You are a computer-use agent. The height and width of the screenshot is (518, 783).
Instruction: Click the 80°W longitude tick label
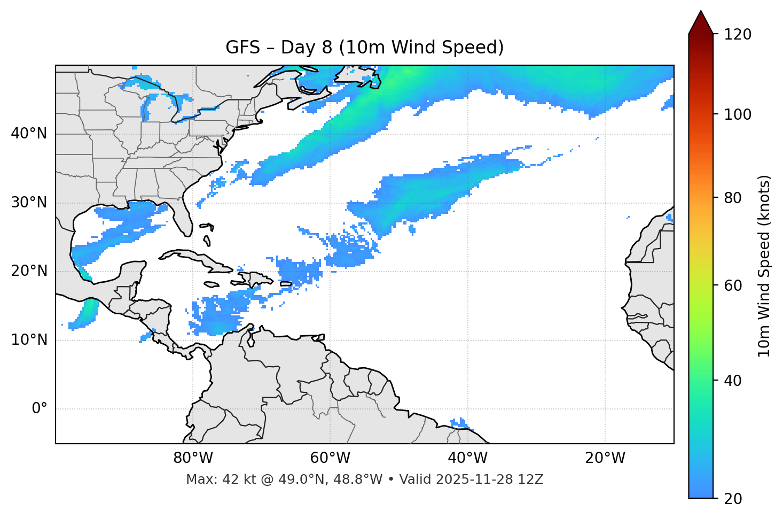pos(193,458)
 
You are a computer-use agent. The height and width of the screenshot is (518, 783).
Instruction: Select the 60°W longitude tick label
pos(330,458)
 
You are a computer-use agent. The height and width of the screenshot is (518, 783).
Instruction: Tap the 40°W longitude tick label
pos(467,458)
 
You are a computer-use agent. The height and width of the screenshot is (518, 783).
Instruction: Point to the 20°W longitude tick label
pos(605,458)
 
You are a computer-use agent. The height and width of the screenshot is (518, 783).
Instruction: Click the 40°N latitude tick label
pos(29,134)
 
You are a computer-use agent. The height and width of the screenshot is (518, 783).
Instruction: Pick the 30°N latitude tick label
pos(29,203)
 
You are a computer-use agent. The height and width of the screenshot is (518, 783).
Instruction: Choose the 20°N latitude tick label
pos(29,271)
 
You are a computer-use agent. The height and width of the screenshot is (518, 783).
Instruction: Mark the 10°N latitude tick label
pos(29,340)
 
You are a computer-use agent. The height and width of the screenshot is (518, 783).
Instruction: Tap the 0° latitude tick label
pos(40,409)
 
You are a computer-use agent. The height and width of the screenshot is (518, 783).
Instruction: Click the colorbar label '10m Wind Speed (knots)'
pos(764,266)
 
